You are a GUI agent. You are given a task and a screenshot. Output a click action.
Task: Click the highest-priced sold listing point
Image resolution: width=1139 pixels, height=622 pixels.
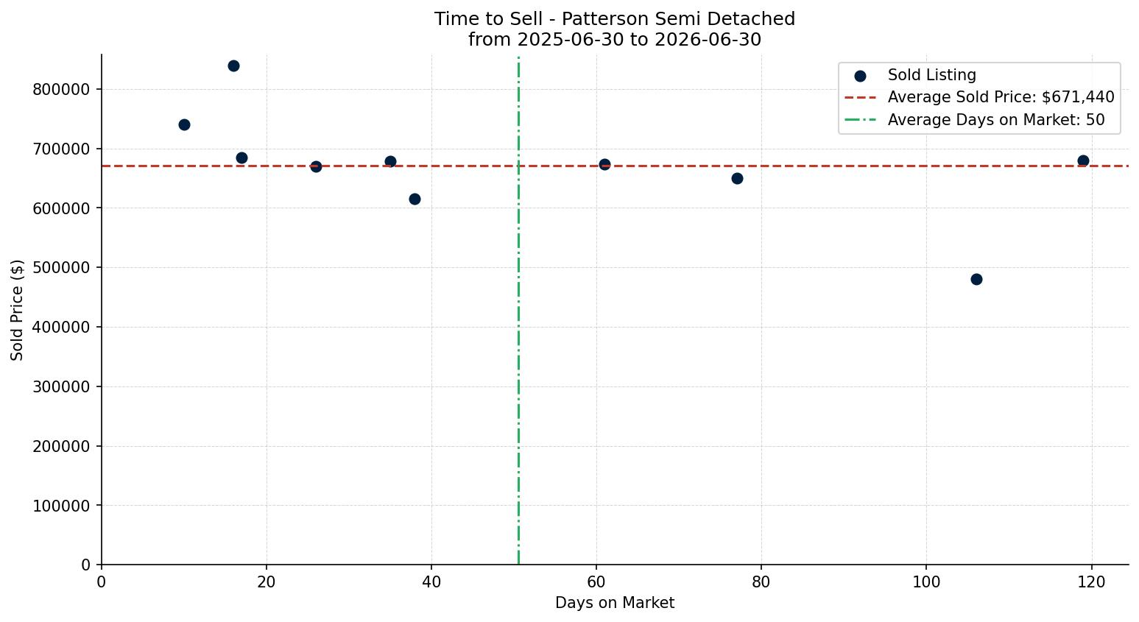click(233, 66)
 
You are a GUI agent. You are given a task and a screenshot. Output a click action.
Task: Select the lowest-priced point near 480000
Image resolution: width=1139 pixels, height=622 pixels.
click(976, 279)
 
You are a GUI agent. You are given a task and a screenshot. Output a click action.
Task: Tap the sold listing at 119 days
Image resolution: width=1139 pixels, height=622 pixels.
click(1083, 160)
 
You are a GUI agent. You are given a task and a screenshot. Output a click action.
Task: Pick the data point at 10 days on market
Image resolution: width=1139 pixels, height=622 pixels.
click(184, 124)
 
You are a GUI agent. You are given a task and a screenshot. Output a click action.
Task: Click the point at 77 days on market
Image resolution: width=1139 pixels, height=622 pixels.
click(737, 178)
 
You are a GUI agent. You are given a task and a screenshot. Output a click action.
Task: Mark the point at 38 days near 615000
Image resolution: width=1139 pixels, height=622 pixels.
click(415, 199)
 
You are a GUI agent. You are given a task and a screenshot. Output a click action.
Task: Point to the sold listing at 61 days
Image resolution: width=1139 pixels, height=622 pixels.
click(604, 164)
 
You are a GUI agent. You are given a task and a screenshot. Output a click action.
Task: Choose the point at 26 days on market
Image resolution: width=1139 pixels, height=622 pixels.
click(316, 166)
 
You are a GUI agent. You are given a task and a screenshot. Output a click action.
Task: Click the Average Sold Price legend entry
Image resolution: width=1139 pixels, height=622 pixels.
click(979, 97)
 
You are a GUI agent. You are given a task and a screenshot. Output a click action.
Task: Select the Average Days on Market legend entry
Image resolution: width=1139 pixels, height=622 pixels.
click(974, 120)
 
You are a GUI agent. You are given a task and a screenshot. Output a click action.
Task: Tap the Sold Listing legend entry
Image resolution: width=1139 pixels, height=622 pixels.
click(915, 75)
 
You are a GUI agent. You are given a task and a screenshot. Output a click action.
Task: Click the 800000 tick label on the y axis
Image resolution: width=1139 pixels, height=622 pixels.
click(61, 90)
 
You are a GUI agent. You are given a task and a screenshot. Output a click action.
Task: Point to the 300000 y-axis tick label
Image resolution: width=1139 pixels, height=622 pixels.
click(61, 386)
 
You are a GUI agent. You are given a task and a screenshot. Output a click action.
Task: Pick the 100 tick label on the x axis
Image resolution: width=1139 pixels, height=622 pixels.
click(926, 582)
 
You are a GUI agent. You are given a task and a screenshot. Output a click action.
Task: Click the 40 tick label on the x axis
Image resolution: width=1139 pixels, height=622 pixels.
click(431, 582)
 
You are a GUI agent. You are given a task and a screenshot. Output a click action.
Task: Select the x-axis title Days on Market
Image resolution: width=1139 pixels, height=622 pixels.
click(615, 603)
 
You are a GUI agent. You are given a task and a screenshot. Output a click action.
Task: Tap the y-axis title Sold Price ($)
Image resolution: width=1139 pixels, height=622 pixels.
click(17, 310)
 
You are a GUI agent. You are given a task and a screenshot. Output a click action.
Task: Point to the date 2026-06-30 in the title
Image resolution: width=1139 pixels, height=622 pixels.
click(708, 40)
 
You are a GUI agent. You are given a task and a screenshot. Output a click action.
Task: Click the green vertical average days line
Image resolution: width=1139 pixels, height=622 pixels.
click(518, 310)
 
